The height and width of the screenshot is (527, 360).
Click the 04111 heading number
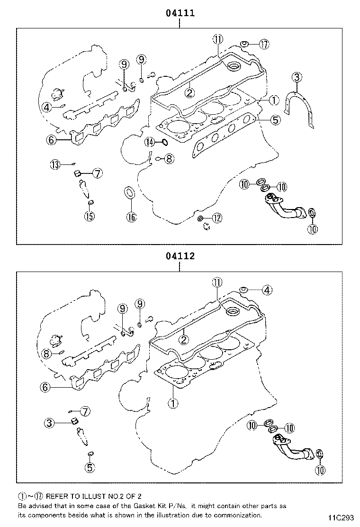coord(180,14)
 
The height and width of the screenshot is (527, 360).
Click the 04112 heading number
coord(180,256)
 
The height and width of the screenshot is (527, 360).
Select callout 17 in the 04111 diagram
coord(264,45)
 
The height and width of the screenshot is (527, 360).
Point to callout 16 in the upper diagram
coord(131,217)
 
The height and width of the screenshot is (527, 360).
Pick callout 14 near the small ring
coord(150,142)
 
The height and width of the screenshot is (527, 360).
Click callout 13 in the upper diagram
coord(55,165)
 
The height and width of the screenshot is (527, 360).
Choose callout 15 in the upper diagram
coord(89,217)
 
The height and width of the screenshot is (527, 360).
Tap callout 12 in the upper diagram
coord(216,218)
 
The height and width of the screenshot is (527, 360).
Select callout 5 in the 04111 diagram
coord(275,120)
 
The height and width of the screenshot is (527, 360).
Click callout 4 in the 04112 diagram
coord(267,290)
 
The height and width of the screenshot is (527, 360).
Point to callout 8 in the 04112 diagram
coord(46,354)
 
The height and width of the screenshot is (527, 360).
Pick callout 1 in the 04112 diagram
coord(173,404)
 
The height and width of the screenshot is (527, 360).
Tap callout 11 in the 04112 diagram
coord(216,282)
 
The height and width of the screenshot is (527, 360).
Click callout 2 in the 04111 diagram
coord(189,93)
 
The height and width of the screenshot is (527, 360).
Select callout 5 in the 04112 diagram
coord(90,467)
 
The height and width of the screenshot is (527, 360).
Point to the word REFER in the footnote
coord(57,496)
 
